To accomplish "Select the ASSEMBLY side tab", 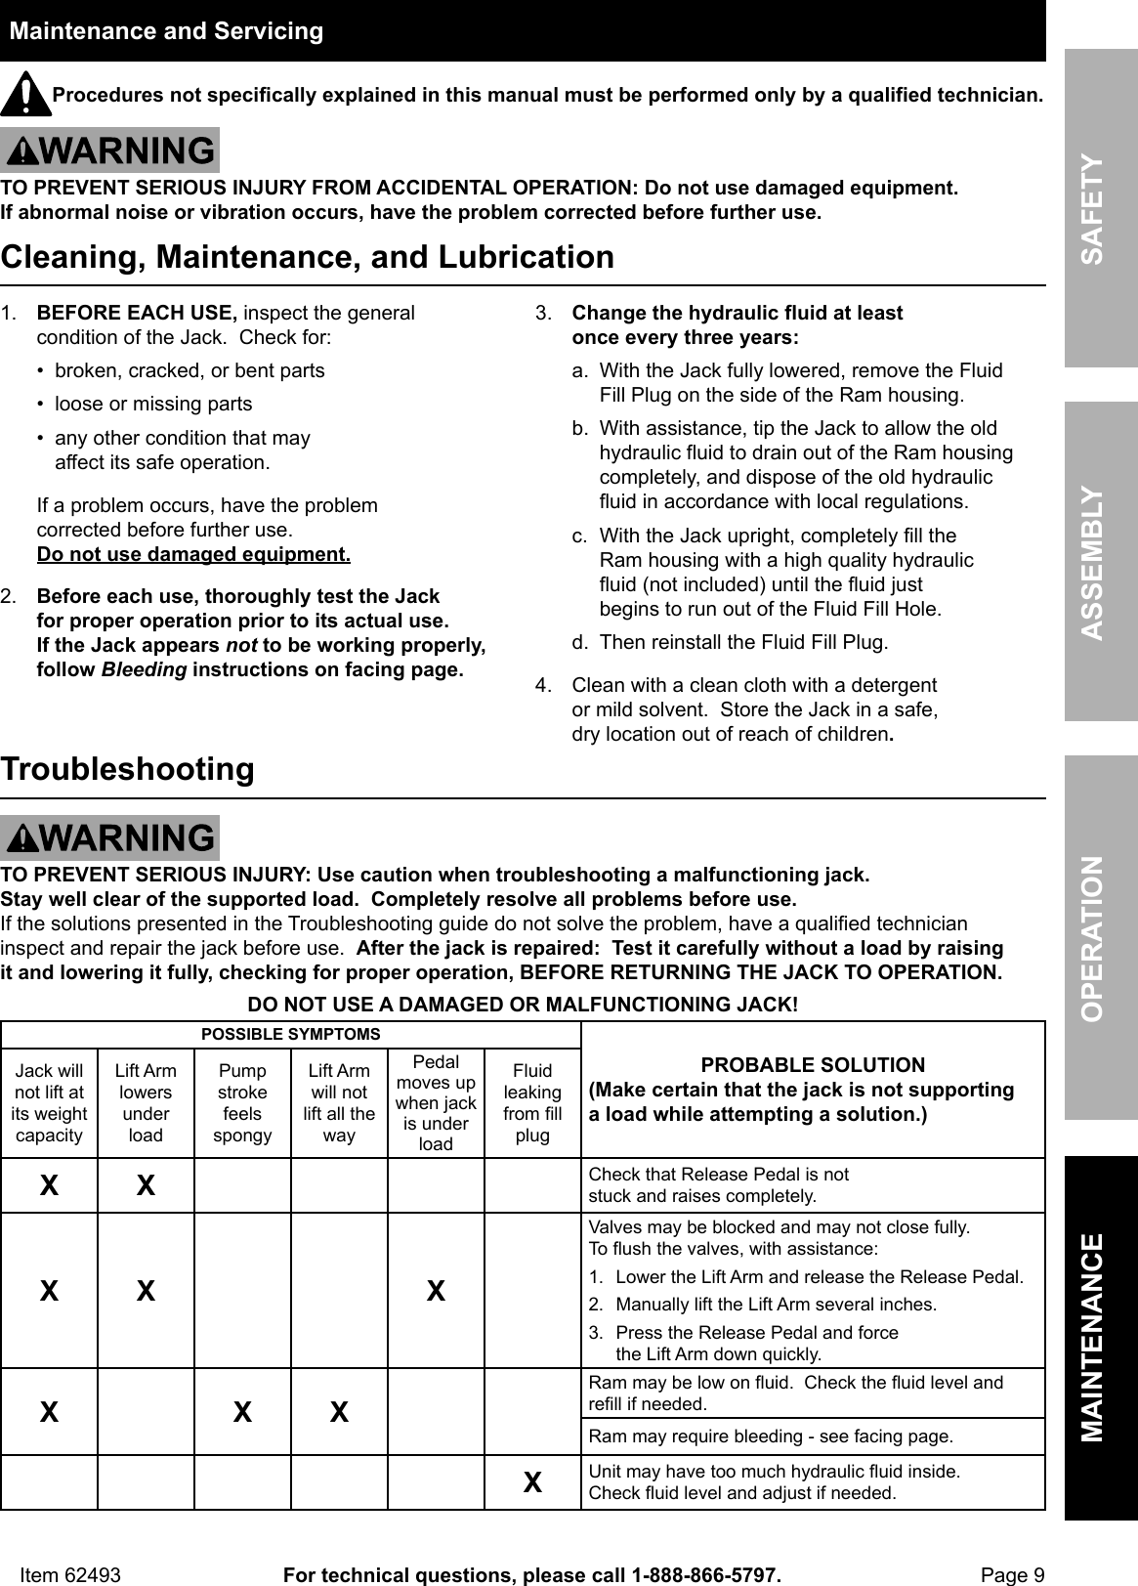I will [x=1101, y=562].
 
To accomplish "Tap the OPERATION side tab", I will [x=1101, y=938].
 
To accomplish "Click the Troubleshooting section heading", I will [x=128, y=769].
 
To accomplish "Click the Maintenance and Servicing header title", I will [x=166, y=31].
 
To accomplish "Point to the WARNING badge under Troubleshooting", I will [x=110, y=838].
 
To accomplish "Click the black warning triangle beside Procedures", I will [x=25, y=94].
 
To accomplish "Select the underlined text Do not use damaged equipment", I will [x=193, y=555].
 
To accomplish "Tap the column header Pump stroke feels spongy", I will [x=242, y=1102].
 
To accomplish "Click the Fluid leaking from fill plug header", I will [x=532, y=1102].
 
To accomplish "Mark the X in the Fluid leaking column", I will [x=532, y=1482].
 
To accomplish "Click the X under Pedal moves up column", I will [x=436, y=1291].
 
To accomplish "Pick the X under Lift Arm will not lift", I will [x=339, y=1412].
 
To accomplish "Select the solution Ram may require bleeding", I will [x=770, y=1436].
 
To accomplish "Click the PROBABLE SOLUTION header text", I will [x=813, y=1065].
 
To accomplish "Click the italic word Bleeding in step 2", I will [x=144, y=670].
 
